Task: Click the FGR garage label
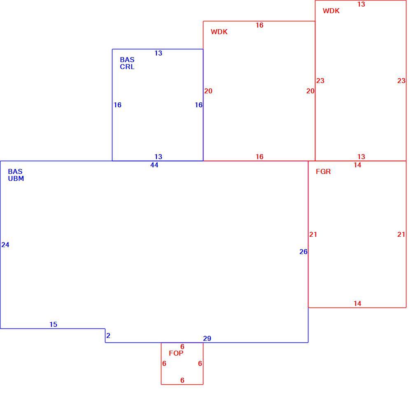(x=323, y=171)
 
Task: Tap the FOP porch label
(x=176, y=353)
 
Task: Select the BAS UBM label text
(x=16, y=175)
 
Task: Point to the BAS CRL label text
(x=127, y=63)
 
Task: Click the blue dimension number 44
(x=154, y=165)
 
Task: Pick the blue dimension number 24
(x=5, y=245)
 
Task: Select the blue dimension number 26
(x=303, y=252)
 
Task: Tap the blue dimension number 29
(x=207, y=338)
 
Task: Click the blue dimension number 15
(x=53, y=324)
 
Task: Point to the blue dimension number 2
(x=108, y=335)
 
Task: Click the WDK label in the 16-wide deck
(x=219, y=32)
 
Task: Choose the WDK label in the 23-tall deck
(x=331, y=11)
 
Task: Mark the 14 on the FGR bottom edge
(x=357, y=303)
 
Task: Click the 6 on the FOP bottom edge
(x=182, y=380)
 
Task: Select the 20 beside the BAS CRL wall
(x=208, y=91)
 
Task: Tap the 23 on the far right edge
(x=401, y=81)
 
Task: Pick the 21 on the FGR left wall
(x=313, y=234)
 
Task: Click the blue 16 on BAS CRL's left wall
(x=118, y=105)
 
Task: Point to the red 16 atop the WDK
(x=259, y=25)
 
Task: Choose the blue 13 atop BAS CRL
(x=158, y=53)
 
